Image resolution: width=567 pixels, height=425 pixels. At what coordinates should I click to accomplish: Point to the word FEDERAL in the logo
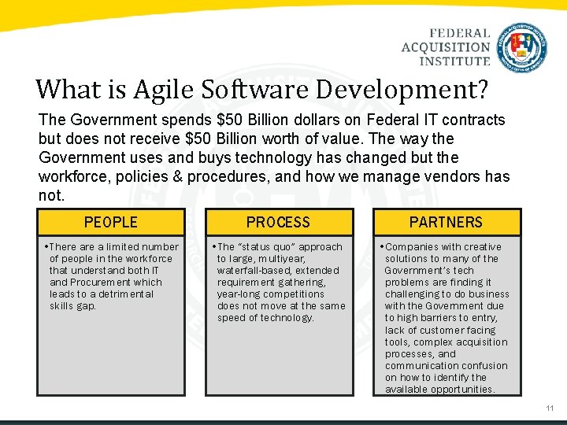click(460, 33)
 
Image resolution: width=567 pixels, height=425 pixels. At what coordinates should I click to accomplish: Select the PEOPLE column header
click(110, 222)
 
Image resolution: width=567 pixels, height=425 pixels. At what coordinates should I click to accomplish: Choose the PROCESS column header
click(278, 222)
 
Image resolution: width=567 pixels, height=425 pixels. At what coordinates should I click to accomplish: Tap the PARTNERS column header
click(446, 222)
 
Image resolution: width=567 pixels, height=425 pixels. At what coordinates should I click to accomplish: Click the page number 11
click(550, 408)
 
